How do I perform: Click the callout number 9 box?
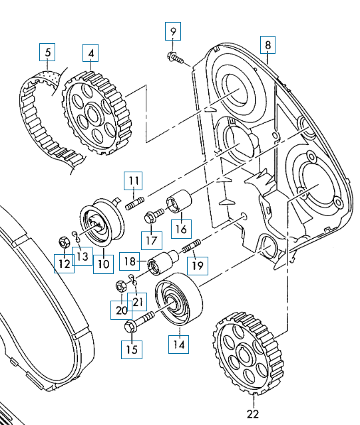[x=173, y=31]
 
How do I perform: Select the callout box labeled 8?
[x=268, y=45]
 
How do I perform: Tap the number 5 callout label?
[x=47, y=52]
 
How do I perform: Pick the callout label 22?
[x=253, y=414]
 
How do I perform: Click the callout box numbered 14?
[x=178, y=345]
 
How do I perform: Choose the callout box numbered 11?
[x=133, y=180]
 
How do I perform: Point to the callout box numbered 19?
[x=198, y=265]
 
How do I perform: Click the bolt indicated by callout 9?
[x=176, y=57]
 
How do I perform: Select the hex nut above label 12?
[x=63, y=242]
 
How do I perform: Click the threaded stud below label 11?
[x=134, y=204]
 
